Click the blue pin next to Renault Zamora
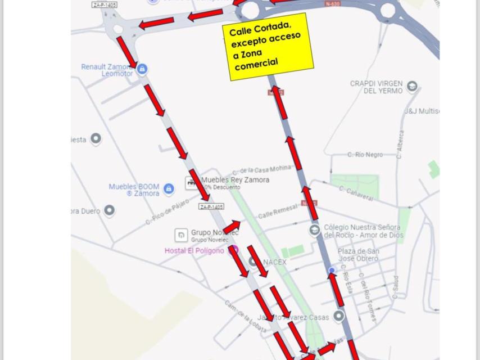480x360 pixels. (x=142, y=69)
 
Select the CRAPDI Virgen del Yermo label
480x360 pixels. (x=376, y=87)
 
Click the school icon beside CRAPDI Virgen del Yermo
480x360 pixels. (x=412, y=86)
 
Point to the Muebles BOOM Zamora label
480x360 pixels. (x=134, y=190)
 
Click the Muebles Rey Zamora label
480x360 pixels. (x=235, y=180)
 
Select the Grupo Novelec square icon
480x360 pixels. (x=181, y=235)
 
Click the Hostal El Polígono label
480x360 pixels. (x=194, y=250)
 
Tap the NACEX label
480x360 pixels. (x=274, y=262)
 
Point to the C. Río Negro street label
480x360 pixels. (x=365, y=155)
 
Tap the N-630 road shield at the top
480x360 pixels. (x=332, y=4)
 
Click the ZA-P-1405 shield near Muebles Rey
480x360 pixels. (x=211, y=206)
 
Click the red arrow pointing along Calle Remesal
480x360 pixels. (x=232, y=225)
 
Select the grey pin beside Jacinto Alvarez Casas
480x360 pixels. (x=338, y=316)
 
